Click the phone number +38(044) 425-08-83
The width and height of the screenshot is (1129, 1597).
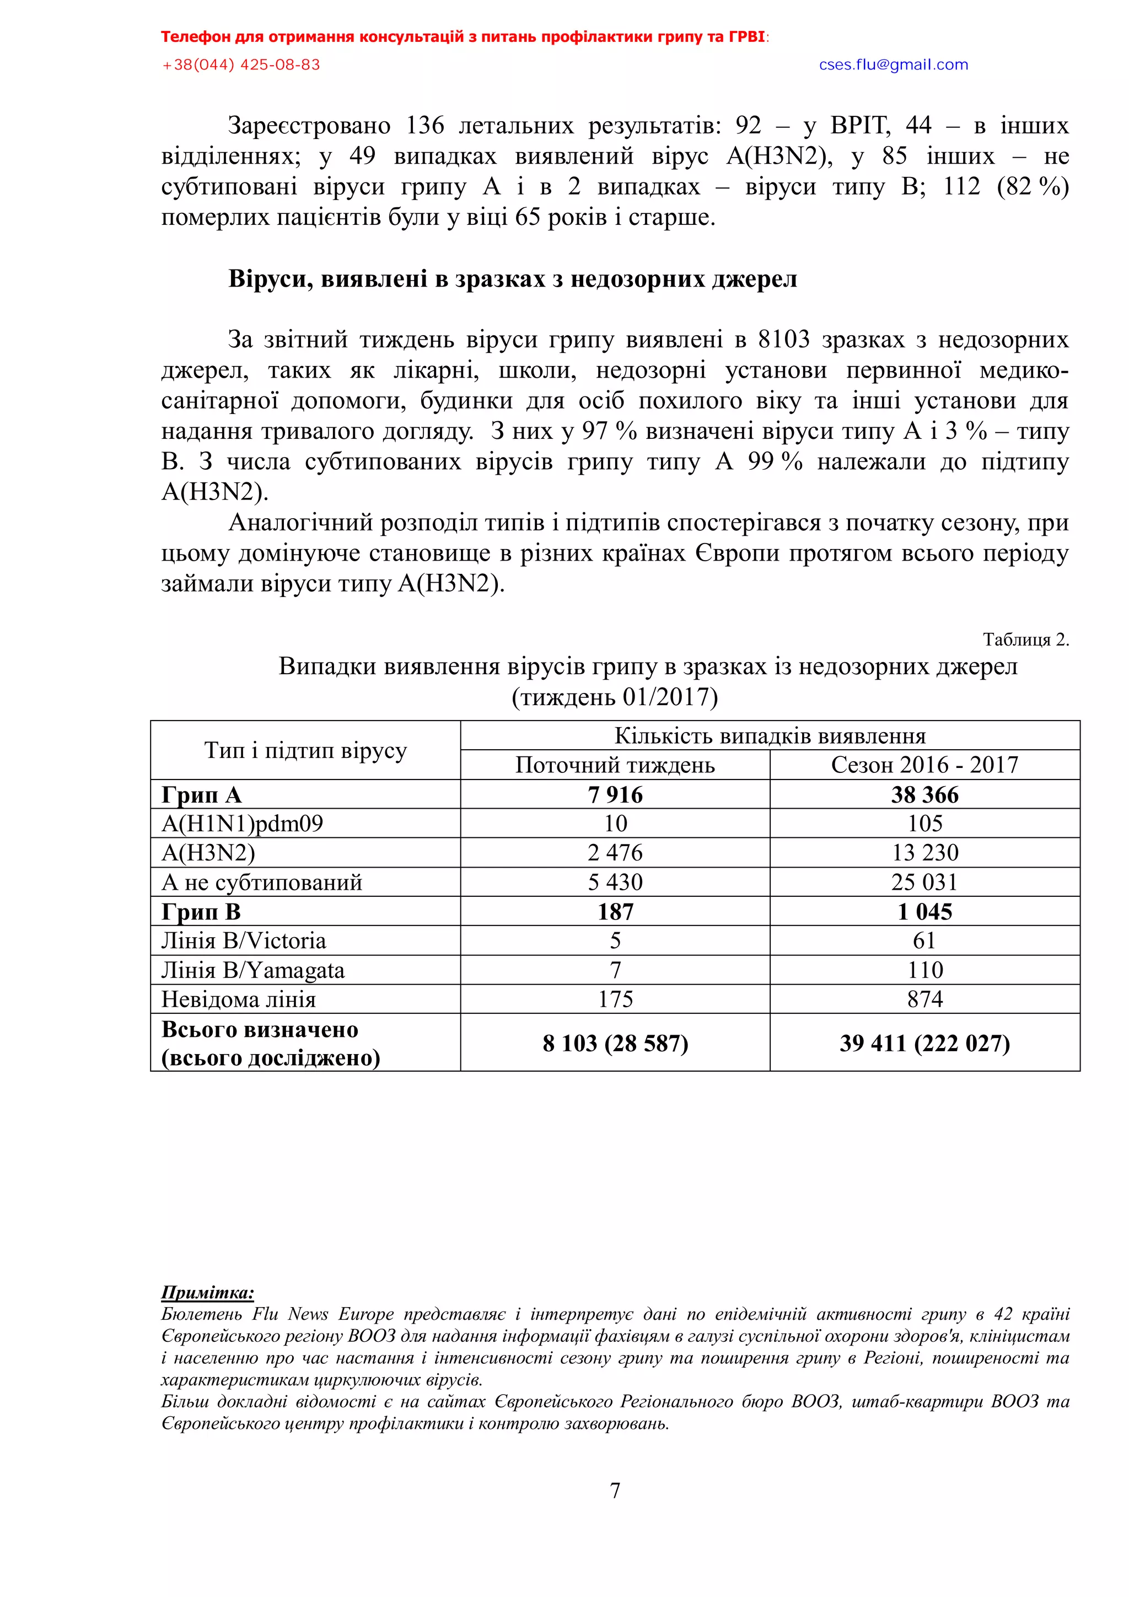tap(241, 64)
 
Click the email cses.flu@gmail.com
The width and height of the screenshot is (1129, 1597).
tap(893, 64)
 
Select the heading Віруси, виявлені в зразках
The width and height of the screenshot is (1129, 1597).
tap(513, 279)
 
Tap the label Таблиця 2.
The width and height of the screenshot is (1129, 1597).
tap(1025, 639)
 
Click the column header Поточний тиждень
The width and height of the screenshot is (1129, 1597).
tap(615, 765)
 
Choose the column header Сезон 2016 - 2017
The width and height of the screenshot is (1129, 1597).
tap(924, 765)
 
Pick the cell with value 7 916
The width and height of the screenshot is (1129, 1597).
tap(615, 794)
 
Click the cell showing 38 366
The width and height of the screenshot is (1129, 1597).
tap(924, 794)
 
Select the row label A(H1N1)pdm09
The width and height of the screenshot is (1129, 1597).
tap(242, 824)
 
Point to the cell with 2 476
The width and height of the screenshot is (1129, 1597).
tap(615, 853)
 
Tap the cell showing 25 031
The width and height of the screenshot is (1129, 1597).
tap(924, 882)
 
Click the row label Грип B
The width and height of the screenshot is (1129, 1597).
tap(201, 911)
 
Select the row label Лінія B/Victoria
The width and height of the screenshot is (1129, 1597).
tap(244, 940)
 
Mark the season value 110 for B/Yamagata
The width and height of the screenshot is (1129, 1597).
tap(924, 970)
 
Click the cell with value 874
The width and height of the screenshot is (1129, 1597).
tap(924, 999)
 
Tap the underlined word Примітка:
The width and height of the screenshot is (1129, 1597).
tap(207, 1292)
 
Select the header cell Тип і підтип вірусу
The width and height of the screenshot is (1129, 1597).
tap(305, 750)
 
